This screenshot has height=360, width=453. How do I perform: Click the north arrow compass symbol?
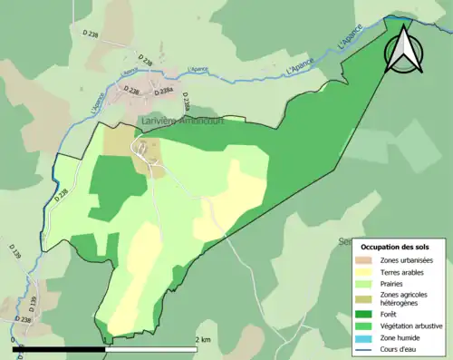[405, 49]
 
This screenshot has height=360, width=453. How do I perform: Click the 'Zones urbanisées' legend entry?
[406, 262]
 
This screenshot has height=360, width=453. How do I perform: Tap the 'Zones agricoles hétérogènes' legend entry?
[404, 299]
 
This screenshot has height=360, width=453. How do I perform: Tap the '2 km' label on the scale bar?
[203, 339]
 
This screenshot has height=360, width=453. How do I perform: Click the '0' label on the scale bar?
[14, 339]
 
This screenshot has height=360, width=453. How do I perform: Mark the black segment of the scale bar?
[60, 347]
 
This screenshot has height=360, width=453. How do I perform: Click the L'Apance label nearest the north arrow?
[349, 39]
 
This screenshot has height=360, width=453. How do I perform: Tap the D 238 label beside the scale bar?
[24, 320]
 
